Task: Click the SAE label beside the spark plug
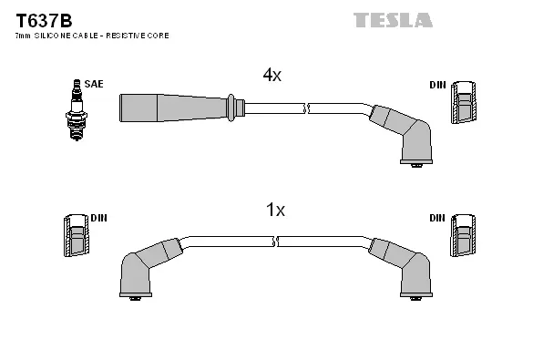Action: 94,84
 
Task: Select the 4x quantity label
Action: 272,76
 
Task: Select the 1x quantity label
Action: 275,211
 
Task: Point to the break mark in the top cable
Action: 308,109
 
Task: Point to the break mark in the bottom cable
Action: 275,242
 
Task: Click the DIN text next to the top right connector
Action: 437,85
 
